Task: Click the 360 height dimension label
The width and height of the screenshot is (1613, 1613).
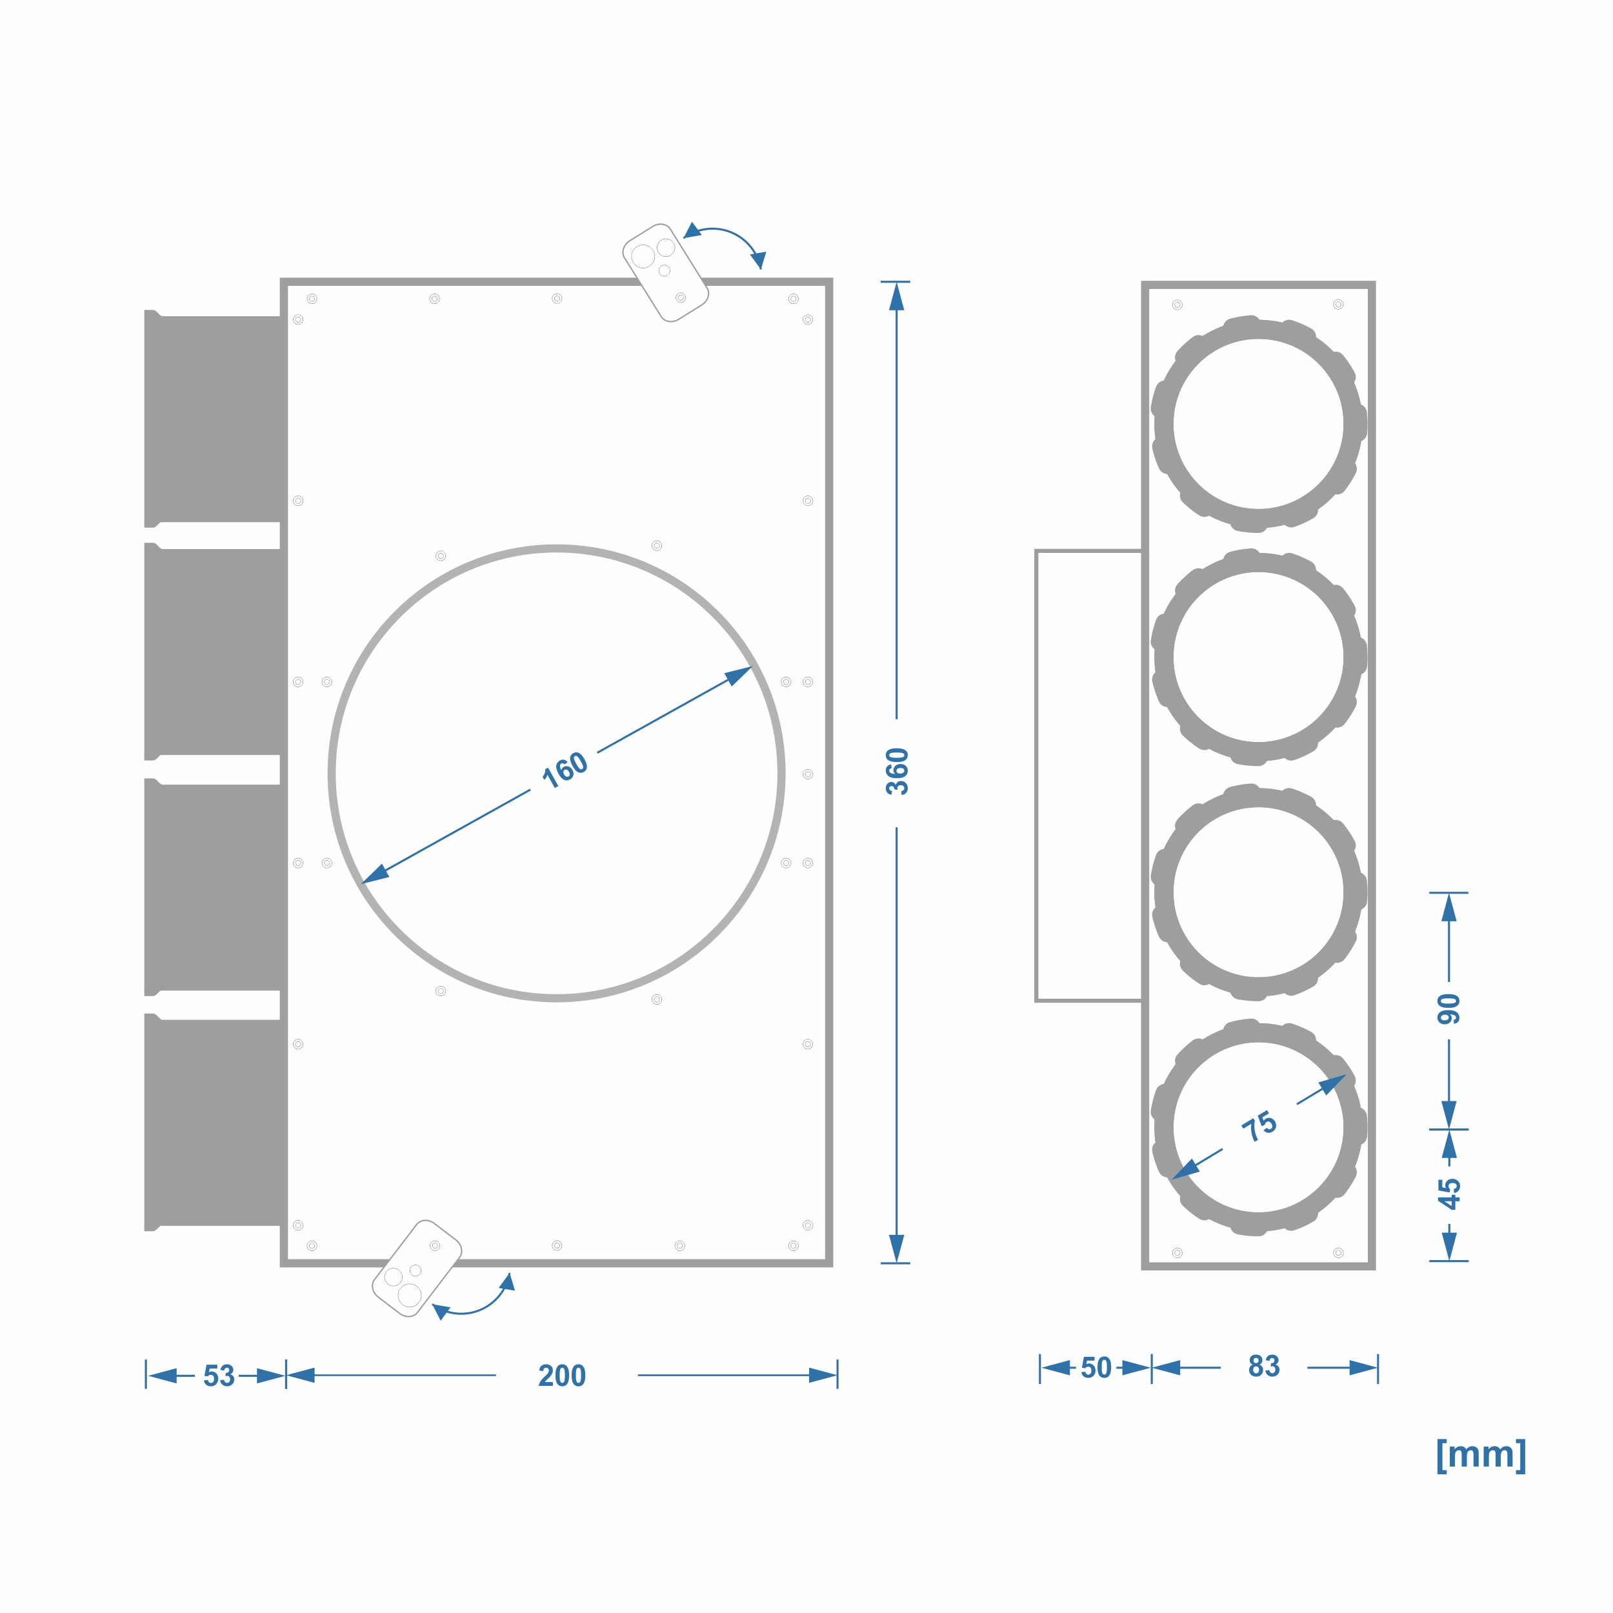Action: point(897,772)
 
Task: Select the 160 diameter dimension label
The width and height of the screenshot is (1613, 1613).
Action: point(565,769)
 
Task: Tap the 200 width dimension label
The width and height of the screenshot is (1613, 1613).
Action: point(562,1375)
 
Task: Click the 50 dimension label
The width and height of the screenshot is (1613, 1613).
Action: point(1096,1368)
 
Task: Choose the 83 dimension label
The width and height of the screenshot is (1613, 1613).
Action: point(1264,1366)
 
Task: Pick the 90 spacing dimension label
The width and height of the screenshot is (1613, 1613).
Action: point(1449,1009)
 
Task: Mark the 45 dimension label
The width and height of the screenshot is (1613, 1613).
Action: point(1449,1194)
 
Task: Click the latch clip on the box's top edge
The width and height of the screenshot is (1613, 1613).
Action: point(665,273)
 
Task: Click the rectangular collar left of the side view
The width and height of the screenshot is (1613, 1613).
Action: point(1036,775)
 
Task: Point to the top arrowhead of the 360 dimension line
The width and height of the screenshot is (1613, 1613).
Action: point(897,296)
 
